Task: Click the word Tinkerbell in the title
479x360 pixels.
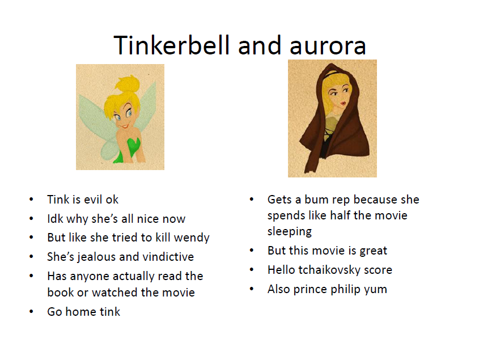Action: click(171, 45)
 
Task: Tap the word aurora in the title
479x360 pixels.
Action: click(328, 46)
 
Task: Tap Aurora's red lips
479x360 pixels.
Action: click(343, 104)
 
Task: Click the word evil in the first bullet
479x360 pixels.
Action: click(93, 200)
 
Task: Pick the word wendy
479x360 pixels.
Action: click(192, 238)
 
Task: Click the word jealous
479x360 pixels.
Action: click(99, 257)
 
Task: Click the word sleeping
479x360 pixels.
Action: click(289, 232)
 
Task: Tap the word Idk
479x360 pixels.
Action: click(55, 219)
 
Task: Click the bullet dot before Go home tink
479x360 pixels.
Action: click(31, 312)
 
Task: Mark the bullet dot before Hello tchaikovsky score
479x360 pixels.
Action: click(252, 270)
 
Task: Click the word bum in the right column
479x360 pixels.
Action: click(316, 200)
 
